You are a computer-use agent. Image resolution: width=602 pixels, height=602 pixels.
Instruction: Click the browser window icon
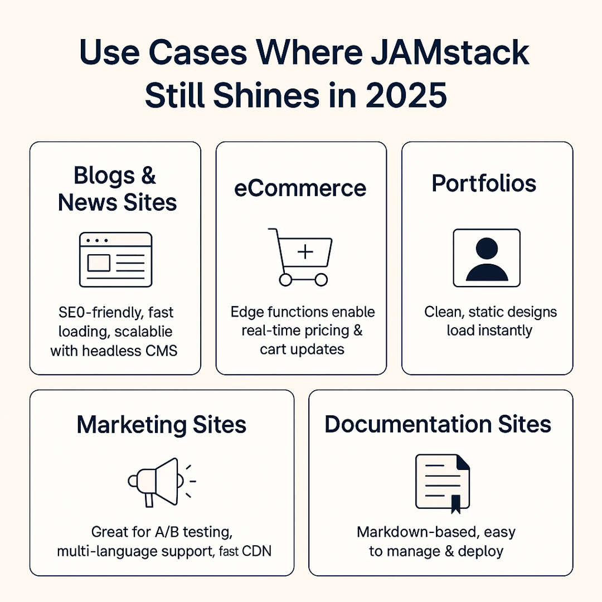115,260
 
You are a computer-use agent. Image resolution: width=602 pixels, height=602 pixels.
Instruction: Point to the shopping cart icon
300,257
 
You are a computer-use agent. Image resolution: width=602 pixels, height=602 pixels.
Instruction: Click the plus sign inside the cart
305,252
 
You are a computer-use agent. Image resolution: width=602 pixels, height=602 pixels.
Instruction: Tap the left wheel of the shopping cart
285,279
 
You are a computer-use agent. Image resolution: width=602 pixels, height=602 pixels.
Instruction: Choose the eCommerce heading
300,188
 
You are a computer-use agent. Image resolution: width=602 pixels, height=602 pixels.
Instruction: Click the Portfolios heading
484,183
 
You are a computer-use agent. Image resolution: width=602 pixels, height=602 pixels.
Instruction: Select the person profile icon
487,258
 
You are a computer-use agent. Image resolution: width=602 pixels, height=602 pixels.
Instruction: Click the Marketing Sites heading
162,425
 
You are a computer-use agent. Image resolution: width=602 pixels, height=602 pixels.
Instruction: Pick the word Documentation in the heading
403,424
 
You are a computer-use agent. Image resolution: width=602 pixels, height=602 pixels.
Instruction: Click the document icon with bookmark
443,483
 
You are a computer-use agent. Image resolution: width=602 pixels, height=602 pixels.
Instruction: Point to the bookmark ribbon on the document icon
456,503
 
